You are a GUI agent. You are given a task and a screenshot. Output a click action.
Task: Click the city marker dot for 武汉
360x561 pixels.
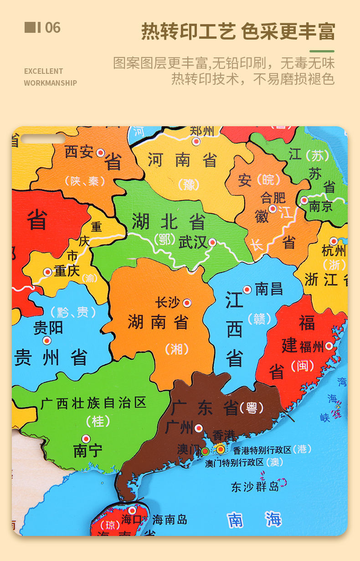click(x=212, y=242)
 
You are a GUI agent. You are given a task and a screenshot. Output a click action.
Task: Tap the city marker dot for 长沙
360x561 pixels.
click(x=186, y=303)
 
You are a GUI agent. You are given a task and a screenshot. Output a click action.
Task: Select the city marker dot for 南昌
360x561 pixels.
click(x=247, y=289)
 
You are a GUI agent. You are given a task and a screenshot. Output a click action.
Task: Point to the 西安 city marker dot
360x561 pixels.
click(x=101, y=153)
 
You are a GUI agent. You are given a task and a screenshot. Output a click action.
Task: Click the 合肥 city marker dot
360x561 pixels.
click(x=273, y=209)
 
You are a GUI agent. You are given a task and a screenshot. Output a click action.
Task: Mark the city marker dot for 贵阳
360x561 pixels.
click(x=47, y=340)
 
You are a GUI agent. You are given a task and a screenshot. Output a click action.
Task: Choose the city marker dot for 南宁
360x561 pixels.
click(x=86, y=438)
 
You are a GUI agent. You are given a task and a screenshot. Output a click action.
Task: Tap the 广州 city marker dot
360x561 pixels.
click(x=199, y=428)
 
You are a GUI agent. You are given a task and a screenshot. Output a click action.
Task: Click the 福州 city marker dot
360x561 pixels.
click(x=329, y=346)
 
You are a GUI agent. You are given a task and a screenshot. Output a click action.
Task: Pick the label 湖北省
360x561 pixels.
click(x=169, y=222)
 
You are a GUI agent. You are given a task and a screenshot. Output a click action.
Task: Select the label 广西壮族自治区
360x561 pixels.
click(x=93, y=403)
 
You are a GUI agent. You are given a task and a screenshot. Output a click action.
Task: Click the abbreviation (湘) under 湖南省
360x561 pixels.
click(x=176, y=349)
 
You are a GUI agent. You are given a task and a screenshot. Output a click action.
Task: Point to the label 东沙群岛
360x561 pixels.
click(x=255, y=486)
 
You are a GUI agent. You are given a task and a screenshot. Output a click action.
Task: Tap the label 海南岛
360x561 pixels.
click(x=170, y=519)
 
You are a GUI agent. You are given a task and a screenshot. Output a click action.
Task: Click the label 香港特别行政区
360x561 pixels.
click(x=262, y=450)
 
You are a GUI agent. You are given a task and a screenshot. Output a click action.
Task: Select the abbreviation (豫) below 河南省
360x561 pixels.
click(x=189, y=184)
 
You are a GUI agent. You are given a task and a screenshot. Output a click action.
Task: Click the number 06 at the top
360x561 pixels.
click(x=52, y=28)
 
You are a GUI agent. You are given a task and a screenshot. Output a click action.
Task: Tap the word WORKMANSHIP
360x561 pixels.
click(x=50, y=83)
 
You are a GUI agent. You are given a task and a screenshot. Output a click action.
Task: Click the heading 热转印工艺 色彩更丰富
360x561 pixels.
click(x=238, y=31)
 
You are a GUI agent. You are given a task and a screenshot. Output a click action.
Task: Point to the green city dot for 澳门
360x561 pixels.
click(x=206, y=452)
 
